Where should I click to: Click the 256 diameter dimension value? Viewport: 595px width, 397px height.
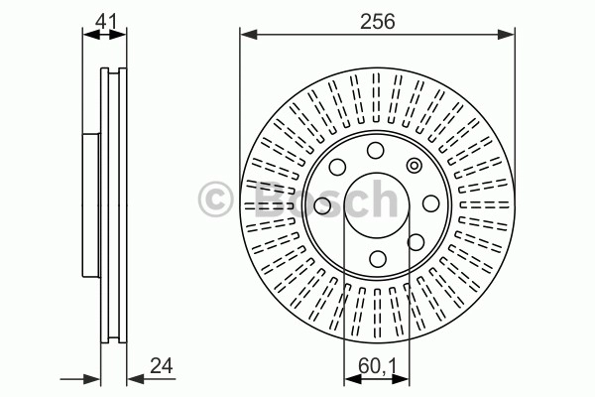point(377,21)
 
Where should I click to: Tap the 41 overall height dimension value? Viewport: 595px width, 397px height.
point(106,21)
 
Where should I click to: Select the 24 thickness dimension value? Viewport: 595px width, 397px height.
point(162,366)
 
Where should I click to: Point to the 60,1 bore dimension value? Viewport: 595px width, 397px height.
point(377,366)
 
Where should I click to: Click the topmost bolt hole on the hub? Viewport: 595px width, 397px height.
point(375,151)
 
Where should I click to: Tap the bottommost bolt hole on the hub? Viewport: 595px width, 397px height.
point(378,259)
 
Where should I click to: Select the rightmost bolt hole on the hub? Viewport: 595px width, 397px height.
point(431,203)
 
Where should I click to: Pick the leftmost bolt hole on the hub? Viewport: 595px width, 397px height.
point(322,205)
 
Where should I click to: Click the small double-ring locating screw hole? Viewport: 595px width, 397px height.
point(414,166)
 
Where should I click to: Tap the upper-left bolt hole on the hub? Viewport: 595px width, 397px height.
point(337,167)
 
